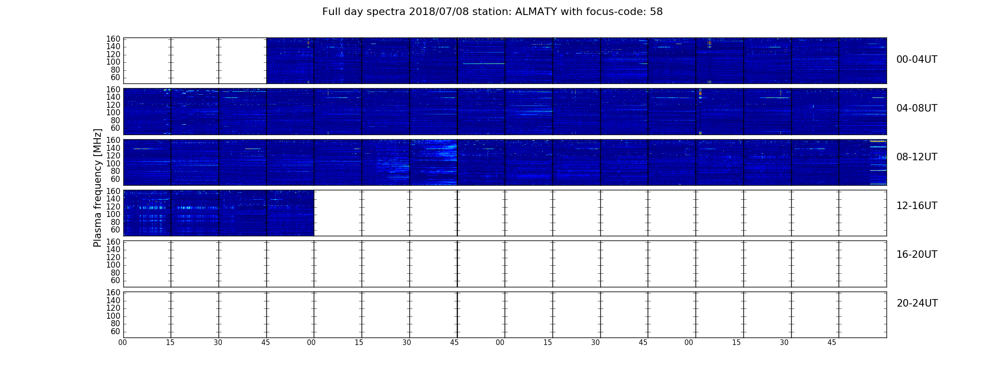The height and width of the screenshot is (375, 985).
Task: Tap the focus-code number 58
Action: coord(656,12)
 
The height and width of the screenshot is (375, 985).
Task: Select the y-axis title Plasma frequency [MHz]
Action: coord(98,187)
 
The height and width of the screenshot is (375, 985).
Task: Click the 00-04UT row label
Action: coord(917,60)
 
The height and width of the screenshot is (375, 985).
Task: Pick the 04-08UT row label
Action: coord(917,108)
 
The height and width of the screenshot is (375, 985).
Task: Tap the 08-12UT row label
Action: coord(917,157)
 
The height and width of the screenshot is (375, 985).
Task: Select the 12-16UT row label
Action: coord(917,206)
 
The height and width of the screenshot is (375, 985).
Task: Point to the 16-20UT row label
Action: coord(917,255)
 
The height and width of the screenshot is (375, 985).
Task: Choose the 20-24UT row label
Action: coord(917,303)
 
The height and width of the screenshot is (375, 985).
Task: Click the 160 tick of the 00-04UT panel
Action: coord(114,39)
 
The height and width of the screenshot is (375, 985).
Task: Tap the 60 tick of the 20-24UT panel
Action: coord(115,332)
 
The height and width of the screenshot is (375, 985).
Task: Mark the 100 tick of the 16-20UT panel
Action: coord(114,265)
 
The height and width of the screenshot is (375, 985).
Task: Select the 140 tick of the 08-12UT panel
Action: coord(114,148)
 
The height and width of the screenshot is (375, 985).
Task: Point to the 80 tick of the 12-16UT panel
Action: coord(115,222)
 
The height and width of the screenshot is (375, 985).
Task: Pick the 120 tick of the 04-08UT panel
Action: coord(114,105)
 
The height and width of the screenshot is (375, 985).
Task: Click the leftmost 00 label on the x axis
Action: coord(123,343)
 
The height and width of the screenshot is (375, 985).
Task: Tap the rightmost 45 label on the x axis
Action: coord(832,343)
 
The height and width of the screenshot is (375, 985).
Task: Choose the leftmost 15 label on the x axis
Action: coord(170,343)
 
